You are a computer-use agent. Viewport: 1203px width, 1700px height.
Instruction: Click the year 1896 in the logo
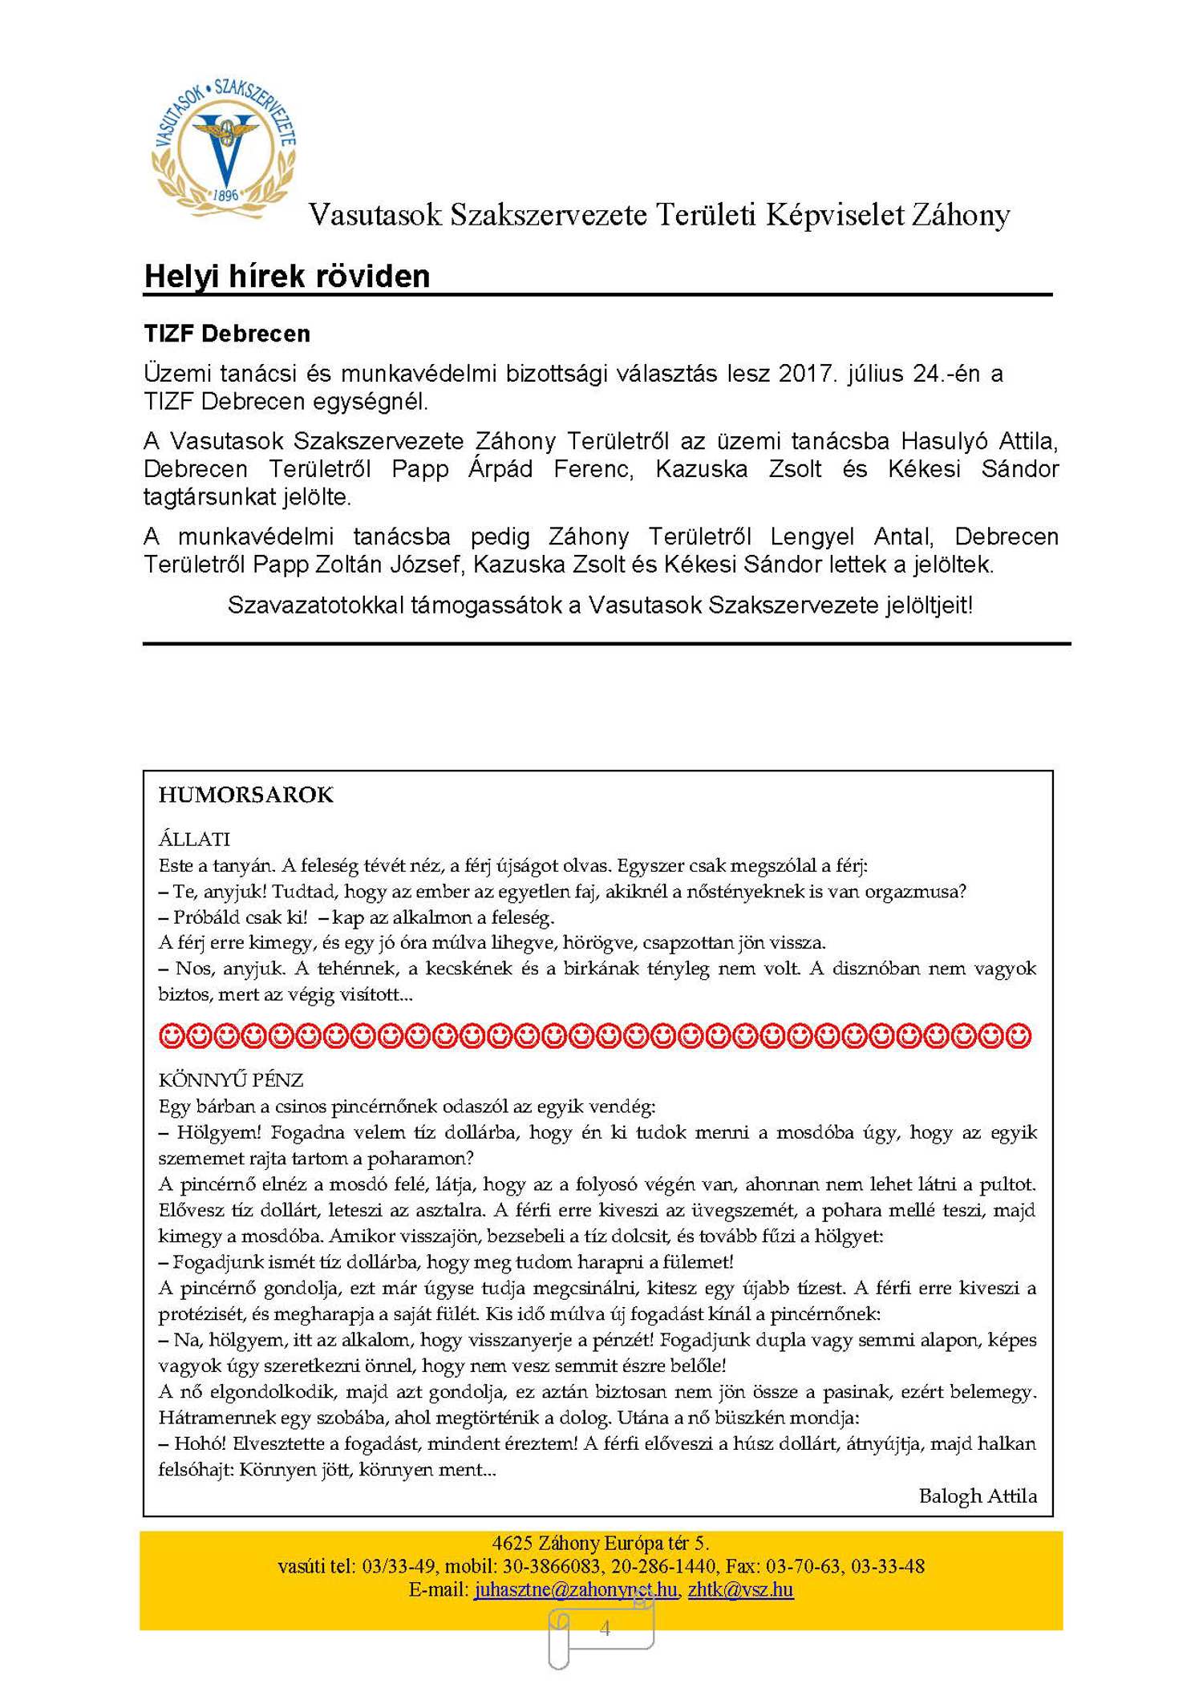(x=225, y=195)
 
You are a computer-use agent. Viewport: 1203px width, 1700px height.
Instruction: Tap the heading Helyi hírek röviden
(x=286, y=277)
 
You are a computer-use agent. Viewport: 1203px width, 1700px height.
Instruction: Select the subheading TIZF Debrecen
(x=227, y=334)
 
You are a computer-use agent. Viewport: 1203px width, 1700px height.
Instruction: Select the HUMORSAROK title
(x=245, y=795)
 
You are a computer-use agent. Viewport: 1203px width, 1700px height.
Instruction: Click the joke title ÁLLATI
(x=194, y=839)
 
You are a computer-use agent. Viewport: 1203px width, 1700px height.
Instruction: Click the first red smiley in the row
(x=172, y=1036)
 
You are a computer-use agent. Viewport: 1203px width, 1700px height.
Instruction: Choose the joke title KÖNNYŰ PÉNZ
(x=231, y=1080)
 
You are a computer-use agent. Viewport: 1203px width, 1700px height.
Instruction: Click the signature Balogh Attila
(x=977, y=1496)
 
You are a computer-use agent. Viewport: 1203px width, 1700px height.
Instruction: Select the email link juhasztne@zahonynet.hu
(x=575, y=1589)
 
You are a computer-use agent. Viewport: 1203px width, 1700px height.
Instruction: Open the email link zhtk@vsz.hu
(x=740, y=1589)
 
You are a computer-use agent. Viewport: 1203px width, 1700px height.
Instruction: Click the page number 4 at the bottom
(x=605, y=1628)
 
